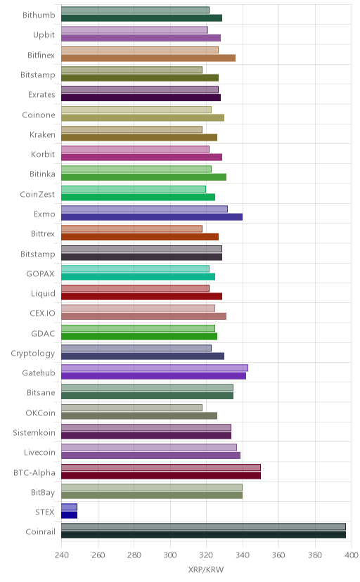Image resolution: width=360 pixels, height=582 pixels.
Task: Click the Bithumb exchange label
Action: pyautogui.click(x=39, y=15)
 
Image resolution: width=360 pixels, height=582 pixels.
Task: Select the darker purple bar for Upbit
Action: pyautogui.click(x=141, y=38)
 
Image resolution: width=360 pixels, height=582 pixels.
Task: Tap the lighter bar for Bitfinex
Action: pyautogui.click(x=139, y=50)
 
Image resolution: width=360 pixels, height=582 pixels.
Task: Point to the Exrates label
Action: pyautogui.click(x=41, y=95)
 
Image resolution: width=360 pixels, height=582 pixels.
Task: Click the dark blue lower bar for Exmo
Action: pyautogui.click(x=152, y=216)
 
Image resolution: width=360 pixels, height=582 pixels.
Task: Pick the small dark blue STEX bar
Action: pyautogui.click(x=69, y=515)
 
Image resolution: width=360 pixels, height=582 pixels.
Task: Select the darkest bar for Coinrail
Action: pyautogui.click(x=203, y=534)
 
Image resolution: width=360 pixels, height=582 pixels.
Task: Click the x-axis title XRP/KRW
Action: pyautogui.click(x=206, y=569)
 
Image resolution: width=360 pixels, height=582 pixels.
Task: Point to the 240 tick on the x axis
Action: pyautogui.click(x=62, y=555)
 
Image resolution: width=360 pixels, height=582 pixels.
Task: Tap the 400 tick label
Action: pyautogui.click(x=352, y=555)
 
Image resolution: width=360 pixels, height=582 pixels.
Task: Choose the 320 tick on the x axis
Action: pyautogui.click(x=206, y=555)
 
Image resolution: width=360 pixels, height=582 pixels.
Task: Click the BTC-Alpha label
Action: pyautogui.click(x=34, y=473)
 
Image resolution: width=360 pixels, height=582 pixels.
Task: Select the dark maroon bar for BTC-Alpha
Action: pyautogui.click(x=161, y=475)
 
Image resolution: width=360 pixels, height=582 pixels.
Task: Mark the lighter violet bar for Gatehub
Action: pyautogui.click(x=155, y=368)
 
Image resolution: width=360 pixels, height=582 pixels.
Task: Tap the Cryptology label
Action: pyautogui.click(x=32, y=354)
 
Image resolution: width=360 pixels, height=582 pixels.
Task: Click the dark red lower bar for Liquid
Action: pyautogui.click(x=141, y=296)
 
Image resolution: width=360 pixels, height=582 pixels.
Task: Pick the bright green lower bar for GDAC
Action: pyautogui.click(x=139, y=336)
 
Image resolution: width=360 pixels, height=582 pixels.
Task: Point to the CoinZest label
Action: pyautogui.click(x=37, y=194)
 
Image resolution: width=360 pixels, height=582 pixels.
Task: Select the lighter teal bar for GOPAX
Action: pyautogui.click(x=135, y=269)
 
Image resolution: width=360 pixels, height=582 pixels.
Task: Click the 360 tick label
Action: pyautogui.click(x=278, y=555)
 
